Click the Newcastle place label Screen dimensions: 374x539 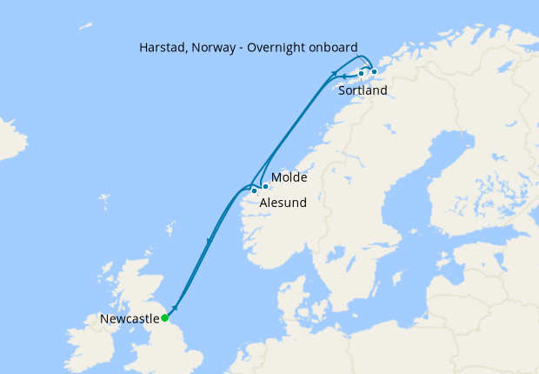[130, 319]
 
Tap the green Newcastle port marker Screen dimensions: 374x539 [164, 318]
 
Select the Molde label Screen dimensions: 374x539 [287, 177]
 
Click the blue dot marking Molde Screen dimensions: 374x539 [265, 186]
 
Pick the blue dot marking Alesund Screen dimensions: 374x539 [254, 190]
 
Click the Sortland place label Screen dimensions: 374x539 [363, 90]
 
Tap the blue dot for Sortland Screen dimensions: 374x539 [361, 74]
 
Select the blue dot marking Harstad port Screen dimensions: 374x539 [375, 72]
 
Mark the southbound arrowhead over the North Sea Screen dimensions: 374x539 [209, 240]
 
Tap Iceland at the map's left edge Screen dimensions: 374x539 [10, 139]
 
